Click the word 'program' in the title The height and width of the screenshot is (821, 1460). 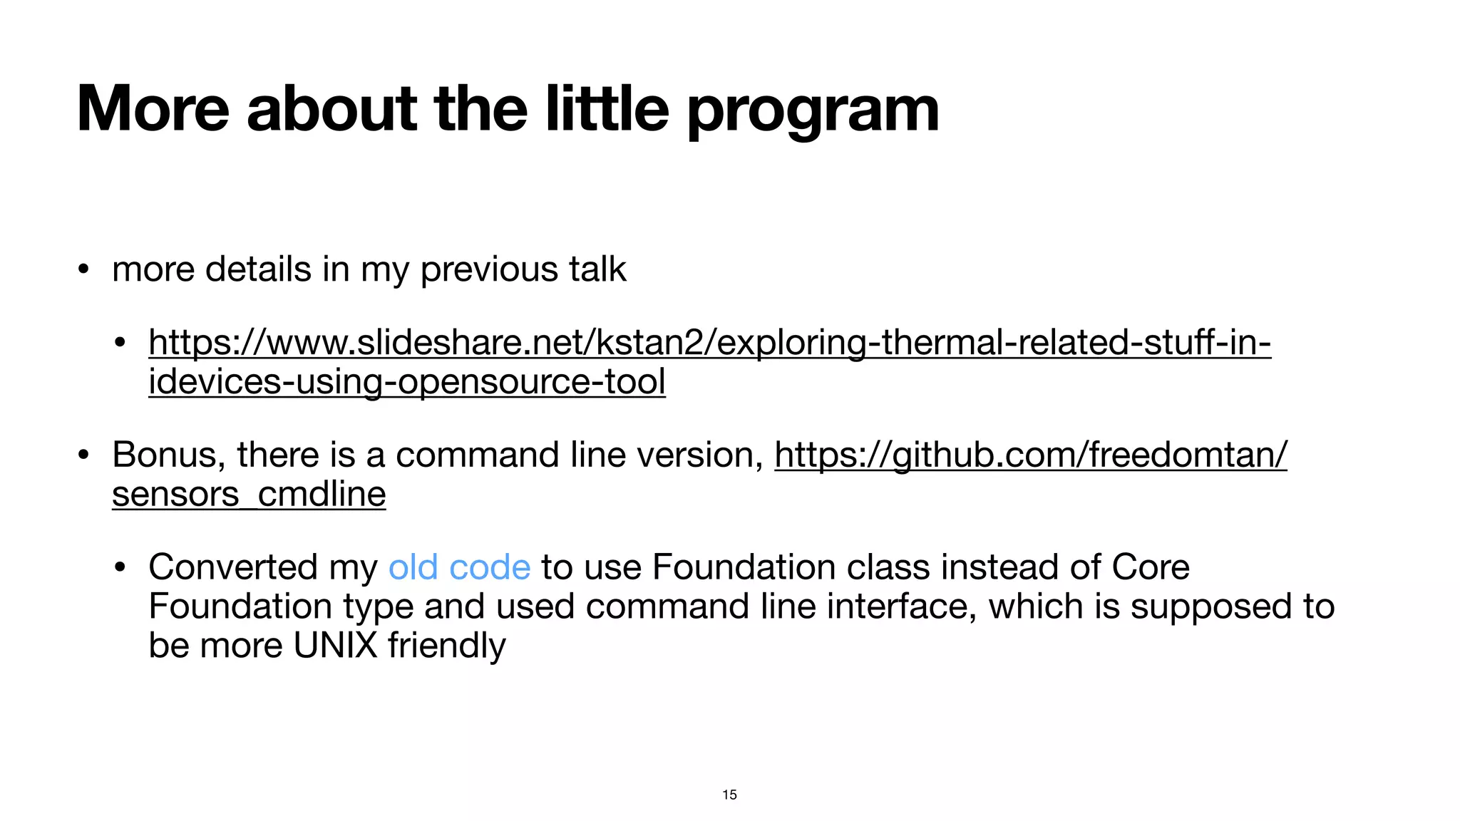813,110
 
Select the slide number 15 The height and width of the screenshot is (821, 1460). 729,795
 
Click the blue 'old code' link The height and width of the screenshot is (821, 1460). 459,567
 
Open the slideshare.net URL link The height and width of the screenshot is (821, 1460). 709,342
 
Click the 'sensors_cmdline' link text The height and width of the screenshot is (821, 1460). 249,494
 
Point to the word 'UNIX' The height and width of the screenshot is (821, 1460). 335,646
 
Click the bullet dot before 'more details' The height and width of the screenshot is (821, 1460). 84,270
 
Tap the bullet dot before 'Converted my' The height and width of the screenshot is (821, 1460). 120,568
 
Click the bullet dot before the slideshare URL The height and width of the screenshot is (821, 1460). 120,343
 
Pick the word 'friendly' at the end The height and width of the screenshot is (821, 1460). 447,646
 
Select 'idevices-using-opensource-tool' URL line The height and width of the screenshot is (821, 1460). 406,381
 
